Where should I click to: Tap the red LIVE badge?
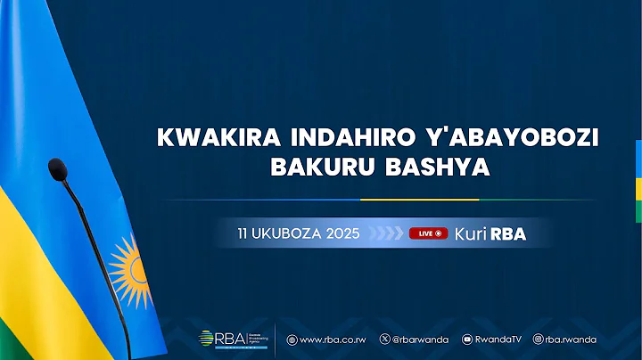(428, 233)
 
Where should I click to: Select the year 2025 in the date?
(343, 233)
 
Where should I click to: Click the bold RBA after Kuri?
(514, 233)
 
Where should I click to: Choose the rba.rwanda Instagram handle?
(572, 340)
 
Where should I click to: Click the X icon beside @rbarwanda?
(384, 340)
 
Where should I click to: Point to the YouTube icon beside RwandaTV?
(467, 340)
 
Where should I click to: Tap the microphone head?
(59, 168)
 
